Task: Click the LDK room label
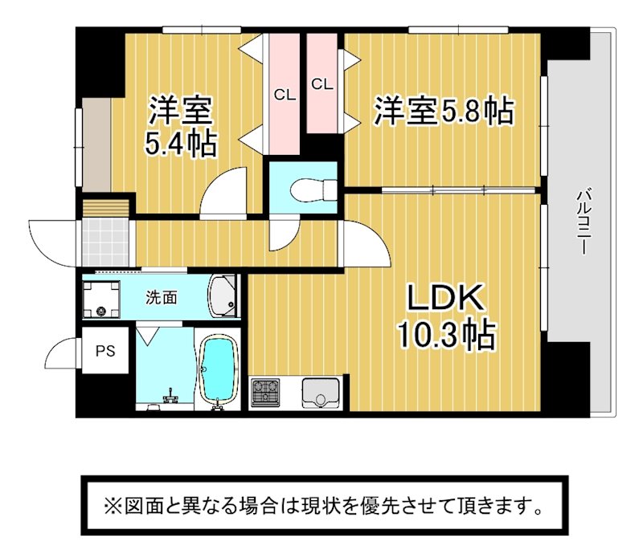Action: point(444,297)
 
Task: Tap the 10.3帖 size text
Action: point(447,336)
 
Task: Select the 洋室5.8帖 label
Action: point(444,111)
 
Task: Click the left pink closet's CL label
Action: point(285,96)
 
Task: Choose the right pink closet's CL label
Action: point(322,84)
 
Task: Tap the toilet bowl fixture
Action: point(313,190)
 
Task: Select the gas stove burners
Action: point(265,392)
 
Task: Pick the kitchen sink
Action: point(321,393)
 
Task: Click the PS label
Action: point(105,351)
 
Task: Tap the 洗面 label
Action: point(162,298)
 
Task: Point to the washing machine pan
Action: point(101,299)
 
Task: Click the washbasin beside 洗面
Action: point(223,295)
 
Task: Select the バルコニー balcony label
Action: point(582,222)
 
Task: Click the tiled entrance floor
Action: point(106,243)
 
